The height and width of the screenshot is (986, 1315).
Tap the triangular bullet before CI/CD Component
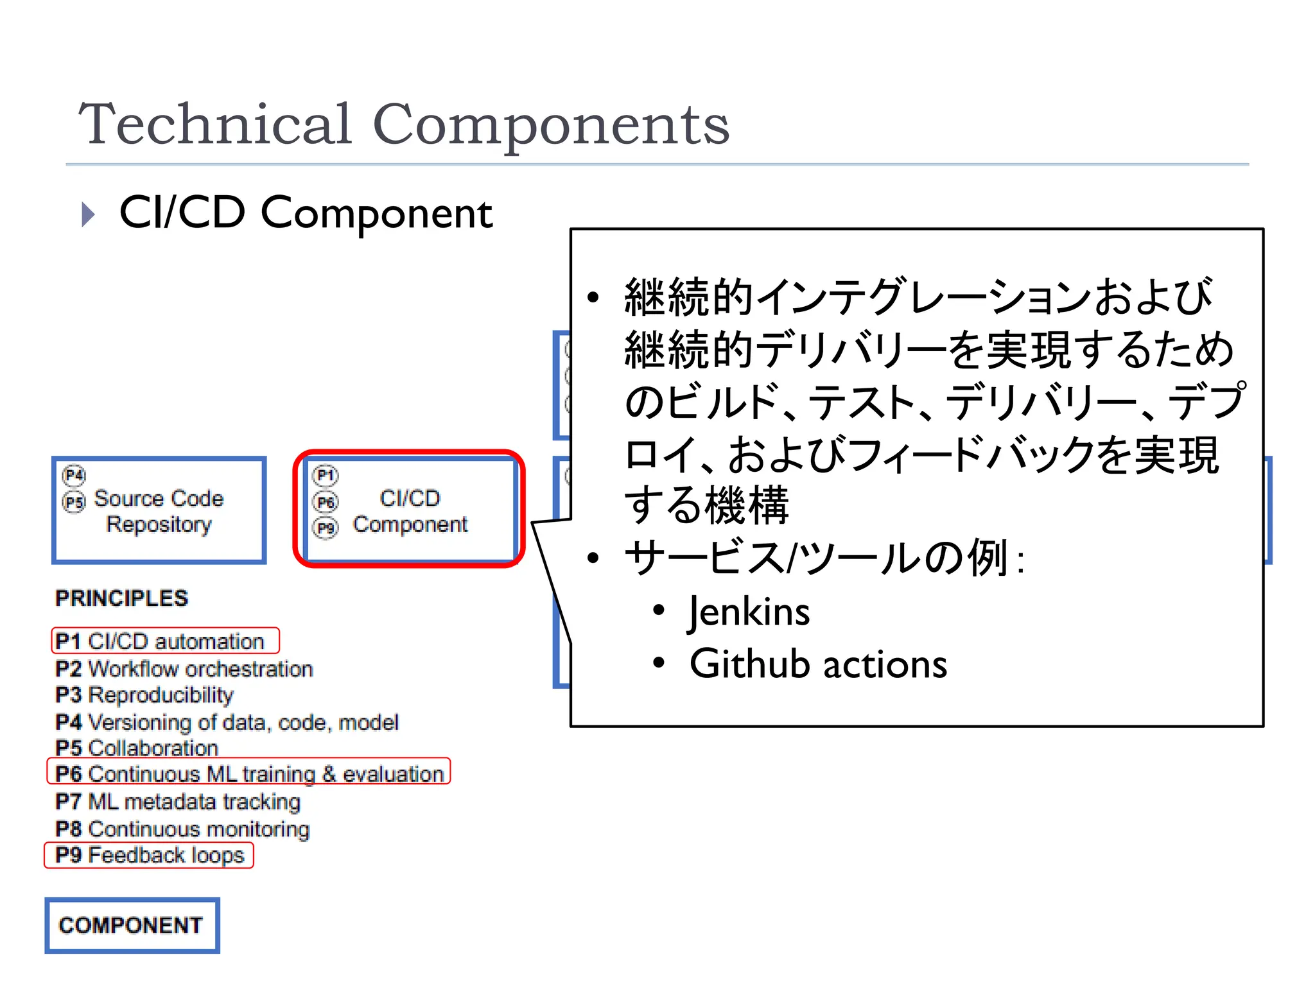tap(89, 214)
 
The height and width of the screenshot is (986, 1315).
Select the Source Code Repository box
tap(159, 510)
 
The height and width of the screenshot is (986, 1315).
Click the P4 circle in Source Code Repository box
tap(74, 475)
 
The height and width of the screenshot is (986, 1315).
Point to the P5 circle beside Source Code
tap(74, 501)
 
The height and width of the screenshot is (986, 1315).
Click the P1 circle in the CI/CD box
tap(326, 475)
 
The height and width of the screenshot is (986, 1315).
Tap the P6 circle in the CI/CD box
tap(326, 501)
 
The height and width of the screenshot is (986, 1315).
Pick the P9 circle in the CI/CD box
tap(326, 528)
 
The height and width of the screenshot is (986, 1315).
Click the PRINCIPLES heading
tap(121, 598)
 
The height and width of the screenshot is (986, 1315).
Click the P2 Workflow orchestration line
tap(184, 669)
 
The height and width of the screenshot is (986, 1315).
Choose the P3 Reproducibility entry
tap(144, 695)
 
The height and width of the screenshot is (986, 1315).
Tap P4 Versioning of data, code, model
tap(227, 722)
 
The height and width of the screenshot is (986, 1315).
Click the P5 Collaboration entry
tap(137, 748)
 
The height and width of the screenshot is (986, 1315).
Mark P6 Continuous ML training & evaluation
tap(249, 774)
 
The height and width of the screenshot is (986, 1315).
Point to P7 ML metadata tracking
tap(178, 802)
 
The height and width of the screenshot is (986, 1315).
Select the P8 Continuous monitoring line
tap(182, 829)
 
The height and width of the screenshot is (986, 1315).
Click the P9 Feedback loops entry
tap(150, 855)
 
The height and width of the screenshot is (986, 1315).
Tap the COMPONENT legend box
tap(132, 925)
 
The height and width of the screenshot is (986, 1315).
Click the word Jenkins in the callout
tap(749, 611)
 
